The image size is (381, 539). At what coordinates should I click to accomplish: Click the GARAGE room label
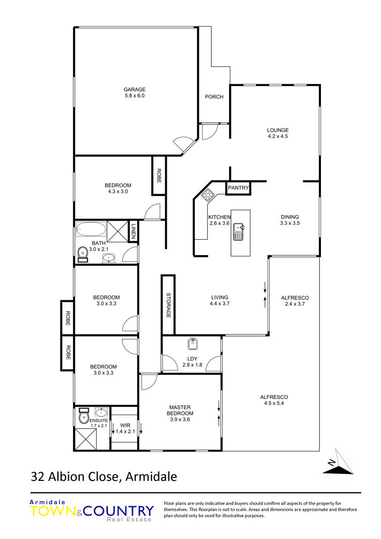pyautogui.click(x=135, y=90)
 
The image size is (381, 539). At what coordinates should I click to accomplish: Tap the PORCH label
pyautogui.click(x=214, y=97)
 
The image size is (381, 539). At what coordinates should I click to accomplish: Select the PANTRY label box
pyautogui.click(x=238, y=187)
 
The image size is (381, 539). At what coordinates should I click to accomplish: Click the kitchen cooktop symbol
pyautogui.click(x=208, y=195)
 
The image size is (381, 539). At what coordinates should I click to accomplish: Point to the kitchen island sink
pyautogui.click(x=238, y=231)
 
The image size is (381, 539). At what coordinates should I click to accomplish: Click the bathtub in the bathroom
pyautogui.click(x=91, y=229)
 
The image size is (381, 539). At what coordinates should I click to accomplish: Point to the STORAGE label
pyautogui.click(x=168, y=305)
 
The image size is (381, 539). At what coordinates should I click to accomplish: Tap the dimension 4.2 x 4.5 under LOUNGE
pyautogui.click(x=278, y=136)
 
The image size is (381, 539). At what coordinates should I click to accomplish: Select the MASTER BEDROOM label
pyautogui.click(x=180, y=411)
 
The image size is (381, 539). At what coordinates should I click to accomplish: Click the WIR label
pyautogui.click(x=125, y=425)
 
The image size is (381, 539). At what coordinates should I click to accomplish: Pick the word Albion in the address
pyautogui.click(x=66, y=477)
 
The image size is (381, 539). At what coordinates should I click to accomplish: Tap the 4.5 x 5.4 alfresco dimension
pyautogui.click(x=274, y=403)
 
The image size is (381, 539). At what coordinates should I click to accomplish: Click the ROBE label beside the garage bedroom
pyautogui.click(x=159, y=176)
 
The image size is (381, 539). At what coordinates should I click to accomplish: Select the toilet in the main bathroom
pyautogui.click(x=82, y=254)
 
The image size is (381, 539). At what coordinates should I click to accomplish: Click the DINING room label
pyautogui.click(x=290, y=217)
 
